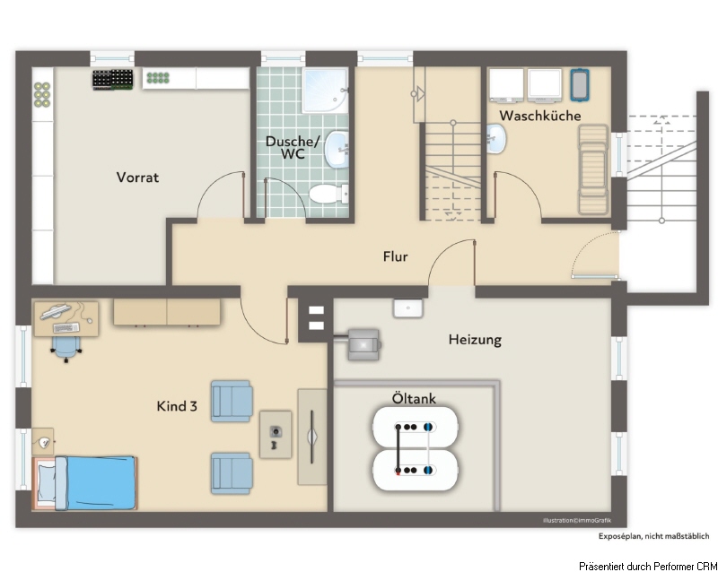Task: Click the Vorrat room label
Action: click(x=137, y=178)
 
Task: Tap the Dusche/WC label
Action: click(x=293, y=147)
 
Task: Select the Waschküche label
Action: click(x=540, y=116)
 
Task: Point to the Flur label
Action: click(x=395, y=256)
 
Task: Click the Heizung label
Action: click(x=475, y=340)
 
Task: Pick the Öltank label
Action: click(x=414, y=398)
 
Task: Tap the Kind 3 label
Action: click(x=177, y=406)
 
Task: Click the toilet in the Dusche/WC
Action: click(x=328, y=194)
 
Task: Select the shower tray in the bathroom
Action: click(x=325, y=91)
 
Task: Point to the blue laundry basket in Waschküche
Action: click(x=579, y=84)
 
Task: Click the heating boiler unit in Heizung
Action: click(x=363, y=344)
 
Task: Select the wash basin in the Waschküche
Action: click(x=496, y=139)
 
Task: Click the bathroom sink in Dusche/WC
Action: click(x=337, y=149)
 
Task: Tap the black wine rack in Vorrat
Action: click(x=113, y=79)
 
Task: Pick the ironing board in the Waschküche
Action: click(x=593, y=169)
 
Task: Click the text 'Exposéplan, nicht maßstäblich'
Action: click(x=654, y=536)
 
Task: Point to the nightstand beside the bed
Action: click(x=43, y=442)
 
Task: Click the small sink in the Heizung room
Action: click(x=408, y=308)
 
